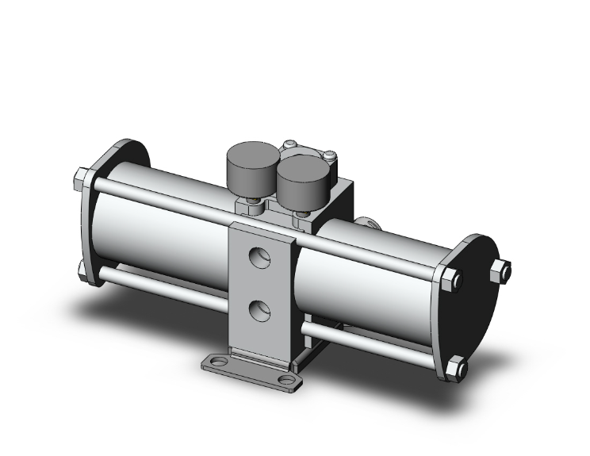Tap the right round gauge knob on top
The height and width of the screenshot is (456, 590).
point(300,180)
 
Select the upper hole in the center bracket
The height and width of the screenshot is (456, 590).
point(258,257)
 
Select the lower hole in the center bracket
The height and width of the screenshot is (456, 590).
point(258,310)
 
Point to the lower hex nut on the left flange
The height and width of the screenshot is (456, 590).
point(82,270)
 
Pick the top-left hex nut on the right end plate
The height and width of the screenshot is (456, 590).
point(448,280)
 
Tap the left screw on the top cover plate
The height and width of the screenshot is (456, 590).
point(290,145)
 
